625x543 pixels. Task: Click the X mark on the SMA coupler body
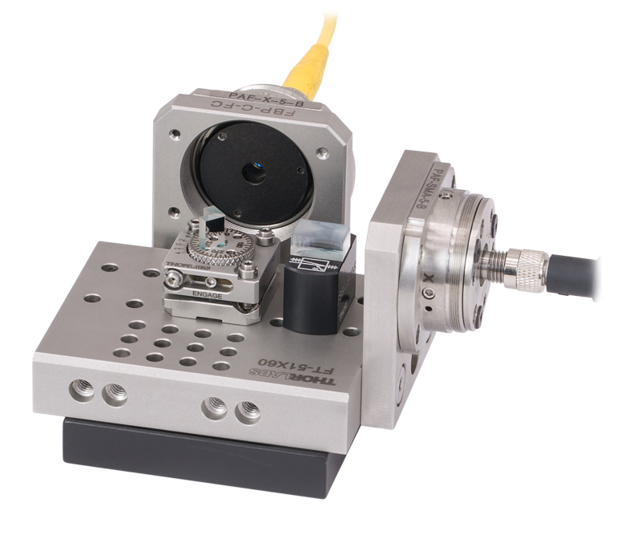(432, 279)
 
